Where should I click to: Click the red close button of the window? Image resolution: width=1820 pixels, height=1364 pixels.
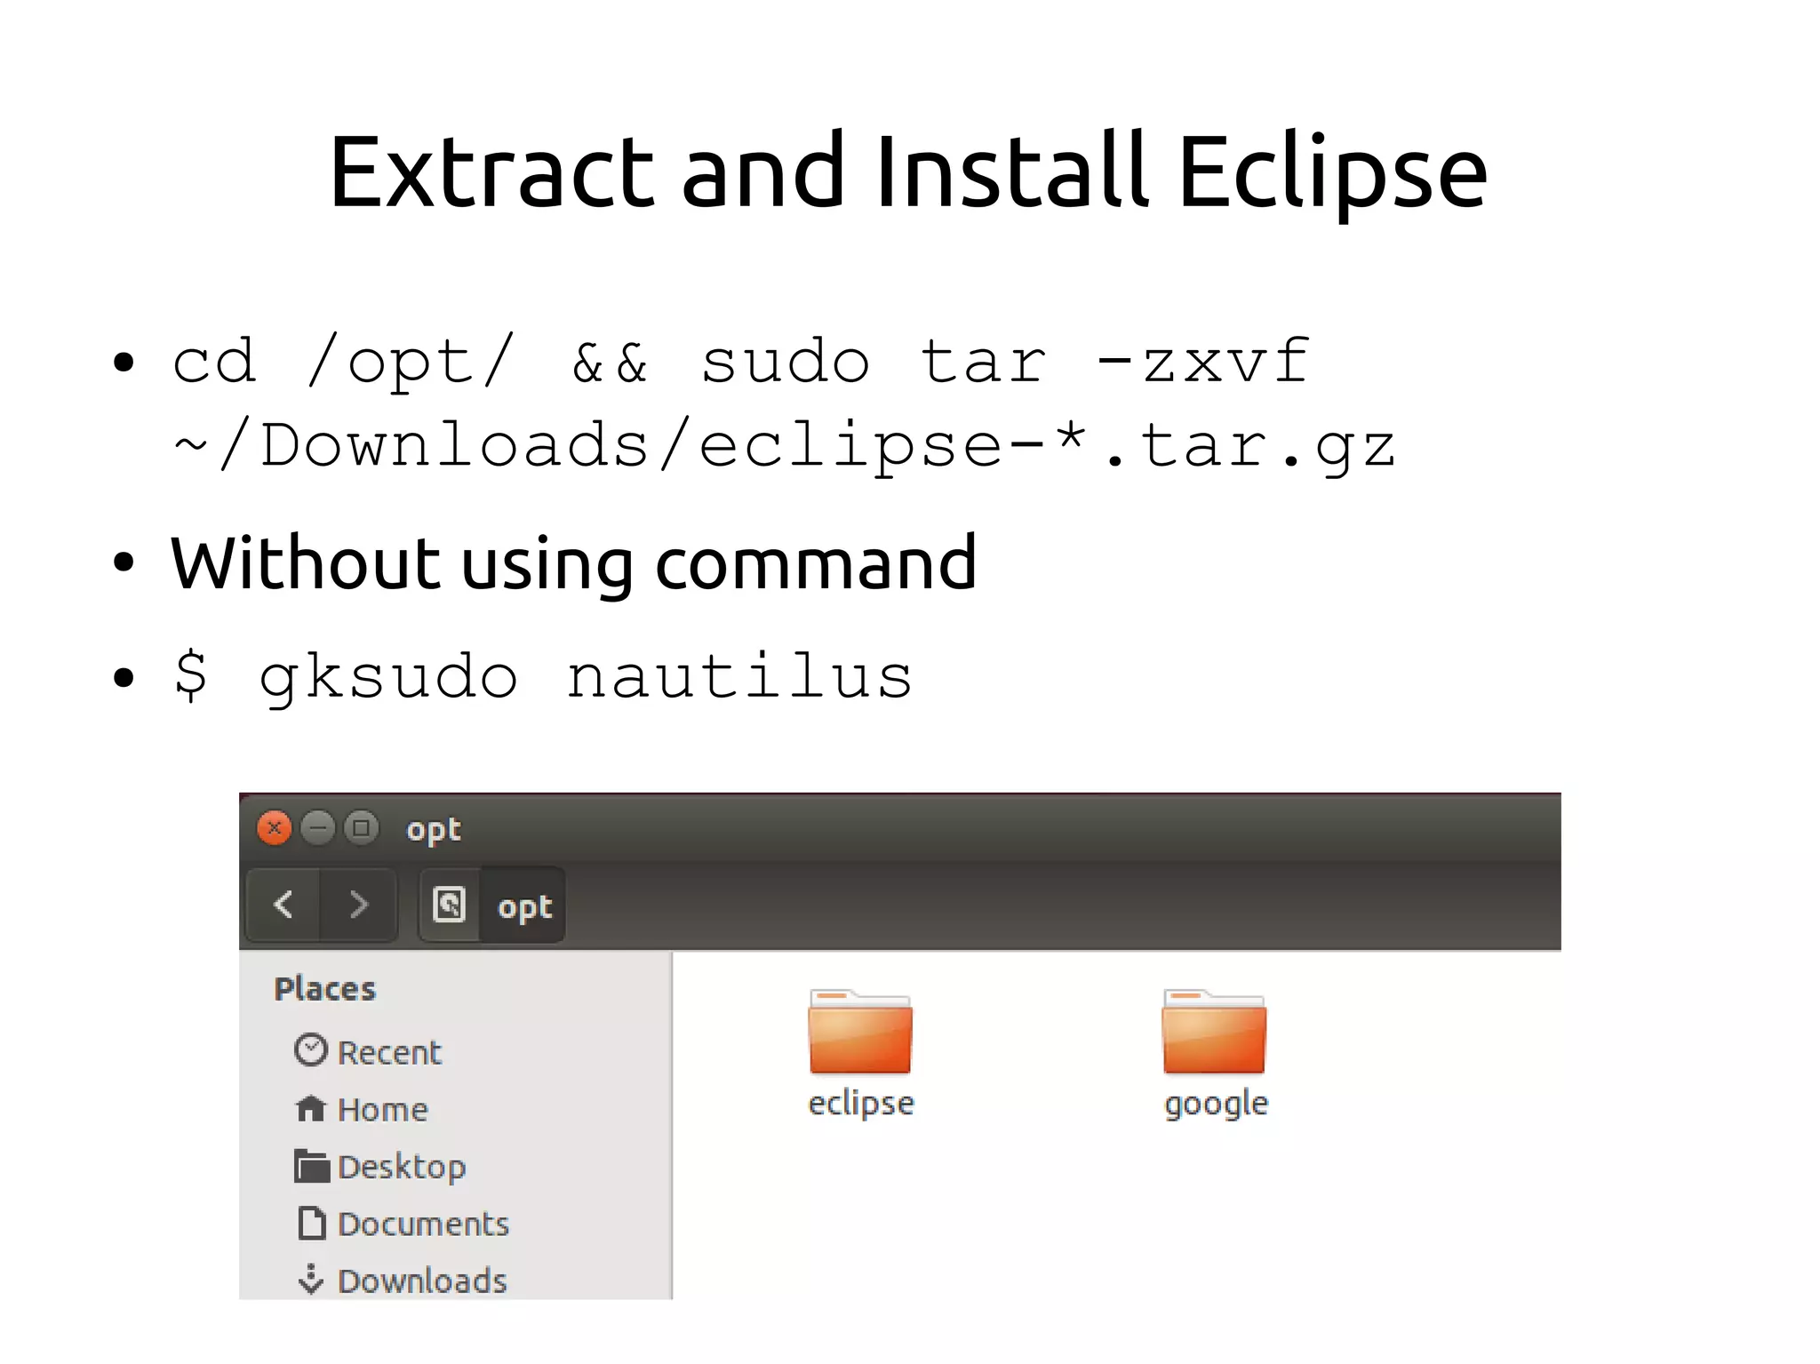point(275,828)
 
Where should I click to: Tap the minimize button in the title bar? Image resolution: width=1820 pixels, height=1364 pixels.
point(317,828)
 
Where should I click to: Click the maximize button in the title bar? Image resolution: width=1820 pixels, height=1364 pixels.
point(361,828)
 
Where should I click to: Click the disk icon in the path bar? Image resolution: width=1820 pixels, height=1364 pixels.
point(450,905)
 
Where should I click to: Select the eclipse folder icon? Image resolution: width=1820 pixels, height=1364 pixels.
point(859,1033)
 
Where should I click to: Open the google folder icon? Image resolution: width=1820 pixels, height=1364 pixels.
point(1214,1033)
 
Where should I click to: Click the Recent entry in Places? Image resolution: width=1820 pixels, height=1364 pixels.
point(388,1052)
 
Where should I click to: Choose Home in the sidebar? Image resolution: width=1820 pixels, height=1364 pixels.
point(382,1109)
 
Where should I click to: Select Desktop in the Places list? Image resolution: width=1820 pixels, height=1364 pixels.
point(401,1167)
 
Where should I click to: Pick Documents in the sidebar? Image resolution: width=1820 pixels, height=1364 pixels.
point(423,1224)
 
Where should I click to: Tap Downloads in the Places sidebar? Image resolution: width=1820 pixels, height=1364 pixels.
point(421,1280)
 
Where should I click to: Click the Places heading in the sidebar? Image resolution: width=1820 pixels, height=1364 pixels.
point(325,989)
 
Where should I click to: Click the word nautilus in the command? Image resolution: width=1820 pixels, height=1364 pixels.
point(739,677)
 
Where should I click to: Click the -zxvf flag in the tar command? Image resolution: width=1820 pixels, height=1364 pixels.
point(1202,362)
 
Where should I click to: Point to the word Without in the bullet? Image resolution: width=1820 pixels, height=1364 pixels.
point(305,563)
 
